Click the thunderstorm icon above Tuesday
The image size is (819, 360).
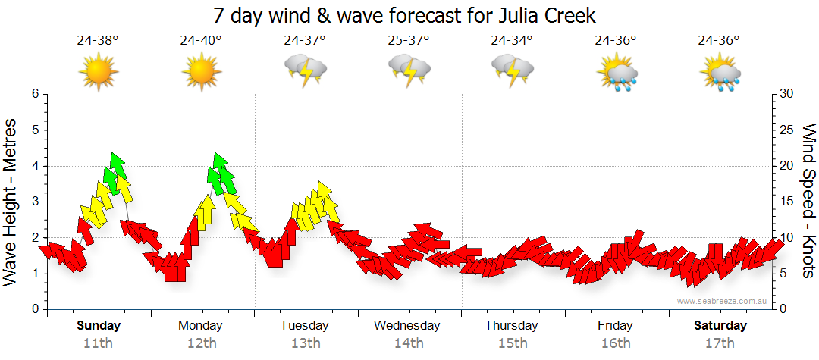point(305,70)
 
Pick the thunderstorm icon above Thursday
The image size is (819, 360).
point(512,70)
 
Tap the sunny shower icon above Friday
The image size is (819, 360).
point(616,72)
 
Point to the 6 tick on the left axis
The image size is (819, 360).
point(34,94)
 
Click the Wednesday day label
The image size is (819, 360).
point(407,326)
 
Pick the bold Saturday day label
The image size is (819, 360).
point(720,326)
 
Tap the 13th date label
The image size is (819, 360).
point(304,343)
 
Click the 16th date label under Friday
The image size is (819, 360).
point(615,343)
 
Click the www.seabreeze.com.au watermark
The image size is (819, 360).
point(723,302)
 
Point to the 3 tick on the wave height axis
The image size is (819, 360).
point(34,202)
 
